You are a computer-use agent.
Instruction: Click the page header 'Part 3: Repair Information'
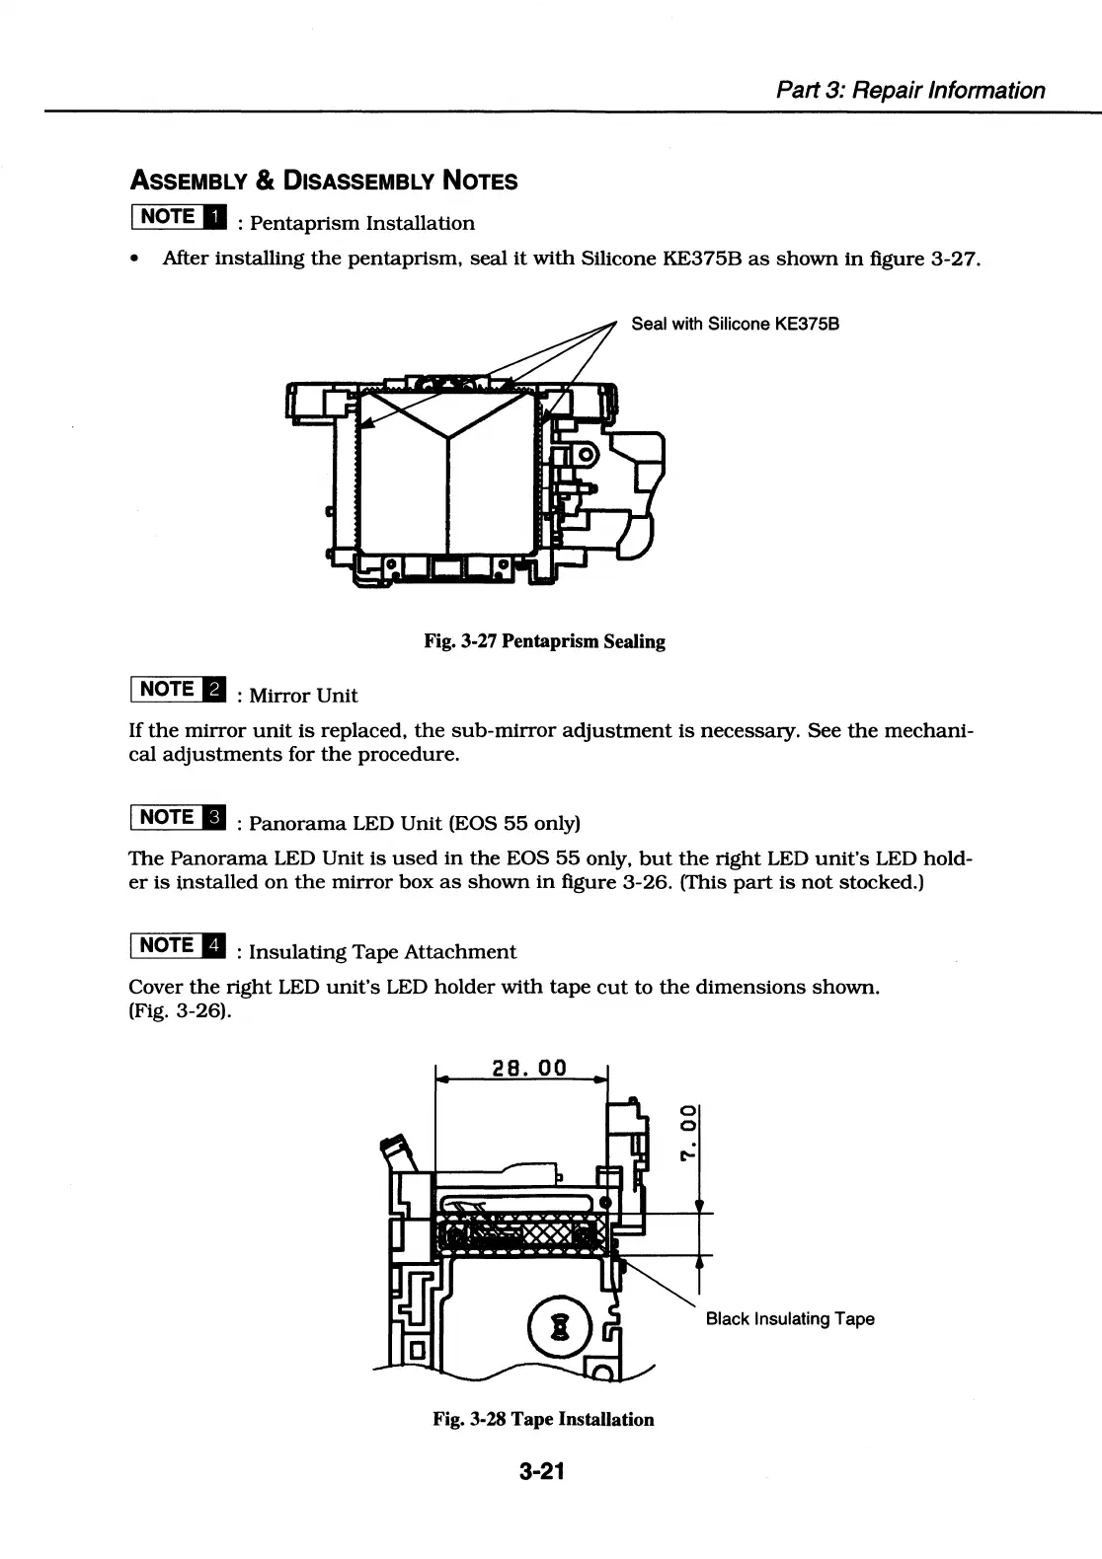point(909,91)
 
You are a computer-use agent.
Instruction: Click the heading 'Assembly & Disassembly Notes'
point(324,181)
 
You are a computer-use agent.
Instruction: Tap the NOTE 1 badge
point(178,216)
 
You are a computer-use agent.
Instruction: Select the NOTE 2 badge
point(178,689)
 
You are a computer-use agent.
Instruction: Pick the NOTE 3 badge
point(178,817)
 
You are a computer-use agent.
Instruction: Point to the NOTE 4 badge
point(178,945)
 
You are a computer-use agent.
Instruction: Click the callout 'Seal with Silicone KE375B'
point(735,324)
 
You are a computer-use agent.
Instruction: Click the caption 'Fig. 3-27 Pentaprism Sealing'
point(544,641)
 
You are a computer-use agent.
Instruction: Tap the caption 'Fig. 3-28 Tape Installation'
point(543,1419)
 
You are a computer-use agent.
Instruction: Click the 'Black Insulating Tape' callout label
point(790,1319)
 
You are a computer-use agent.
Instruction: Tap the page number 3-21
point(542,1471)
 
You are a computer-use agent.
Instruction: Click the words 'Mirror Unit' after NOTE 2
point(303,696)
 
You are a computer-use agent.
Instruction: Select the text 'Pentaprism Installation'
point(362,223)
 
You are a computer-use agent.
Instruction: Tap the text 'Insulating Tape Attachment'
point(382,952)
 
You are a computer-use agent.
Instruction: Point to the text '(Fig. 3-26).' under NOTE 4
point(181,1011)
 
